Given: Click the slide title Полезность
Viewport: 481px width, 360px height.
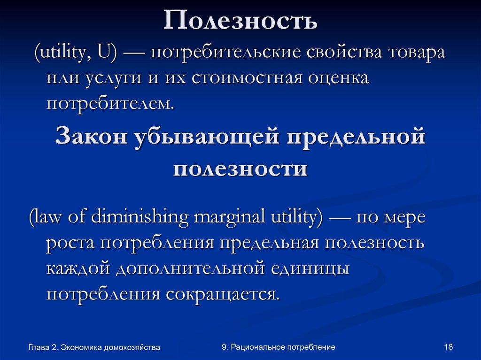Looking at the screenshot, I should point(240,21).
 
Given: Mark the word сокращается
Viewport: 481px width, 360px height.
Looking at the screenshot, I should point(222,294).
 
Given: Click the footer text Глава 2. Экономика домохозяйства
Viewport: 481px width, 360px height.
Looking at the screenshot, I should point(94,347).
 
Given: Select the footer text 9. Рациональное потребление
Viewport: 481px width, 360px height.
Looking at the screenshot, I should point(279,347).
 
